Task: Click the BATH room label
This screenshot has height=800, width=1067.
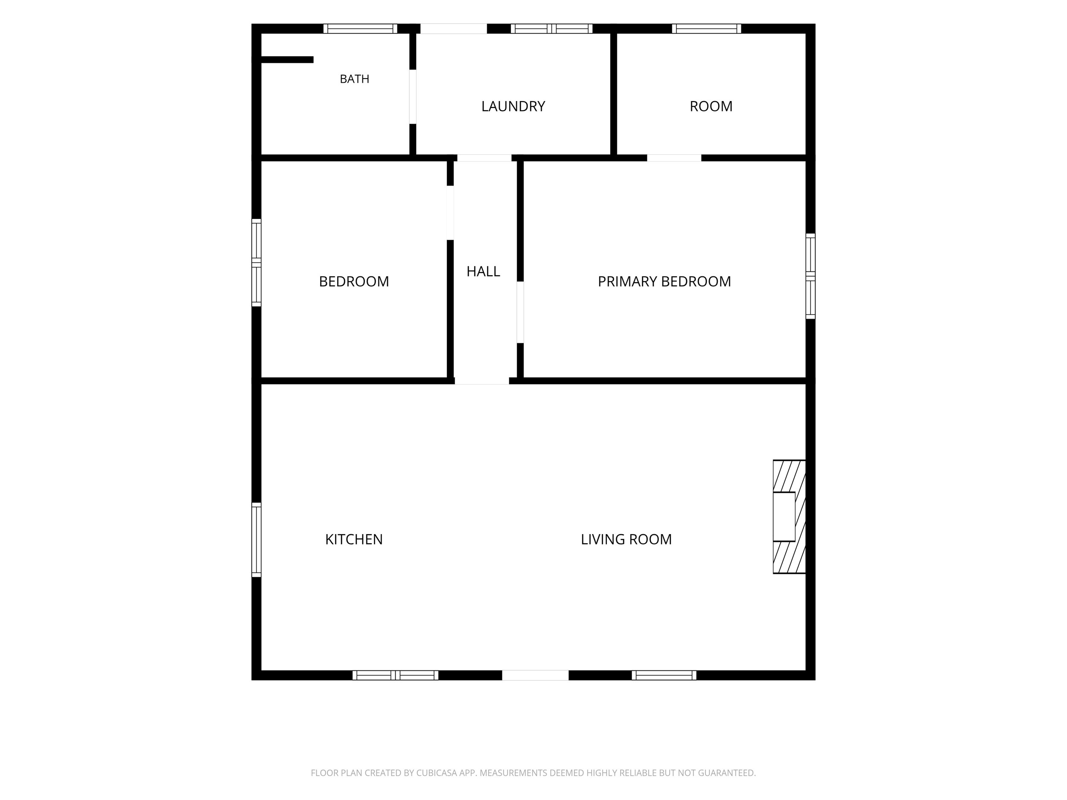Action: [x=355, y=79]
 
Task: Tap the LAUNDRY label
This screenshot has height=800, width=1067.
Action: [x=513, y=106]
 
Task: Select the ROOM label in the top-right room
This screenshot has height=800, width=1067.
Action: [x=711, y=106]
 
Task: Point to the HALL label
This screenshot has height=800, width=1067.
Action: [x=483, y=271]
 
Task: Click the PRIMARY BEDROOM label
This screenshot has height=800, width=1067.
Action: [x=664, y=281]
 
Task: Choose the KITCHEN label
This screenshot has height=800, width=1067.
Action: [x=354, y=539]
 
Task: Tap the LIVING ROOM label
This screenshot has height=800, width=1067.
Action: [x=626, y=539]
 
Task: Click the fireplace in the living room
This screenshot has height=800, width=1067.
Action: [x=789, y=516]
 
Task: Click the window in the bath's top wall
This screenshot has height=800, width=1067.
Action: [x=360, y=29]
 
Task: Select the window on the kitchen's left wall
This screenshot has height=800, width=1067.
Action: [x=257, y=540]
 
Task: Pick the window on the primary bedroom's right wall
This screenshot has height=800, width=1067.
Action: [x=810, y=276]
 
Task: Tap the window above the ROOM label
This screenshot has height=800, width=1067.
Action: [x=707, y=29]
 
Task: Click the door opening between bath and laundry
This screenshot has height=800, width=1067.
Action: [x=413, y=97]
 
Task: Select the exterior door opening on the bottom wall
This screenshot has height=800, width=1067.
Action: [x=536, y=675]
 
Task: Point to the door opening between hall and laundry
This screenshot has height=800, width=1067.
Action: [x=484, y=158]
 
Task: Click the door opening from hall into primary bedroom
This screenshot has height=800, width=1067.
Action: [x=520, y=312]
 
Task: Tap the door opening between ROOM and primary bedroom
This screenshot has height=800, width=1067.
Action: [x=674, y=158]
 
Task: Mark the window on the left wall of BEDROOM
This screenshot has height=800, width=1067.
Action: [x=257, y=263]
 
